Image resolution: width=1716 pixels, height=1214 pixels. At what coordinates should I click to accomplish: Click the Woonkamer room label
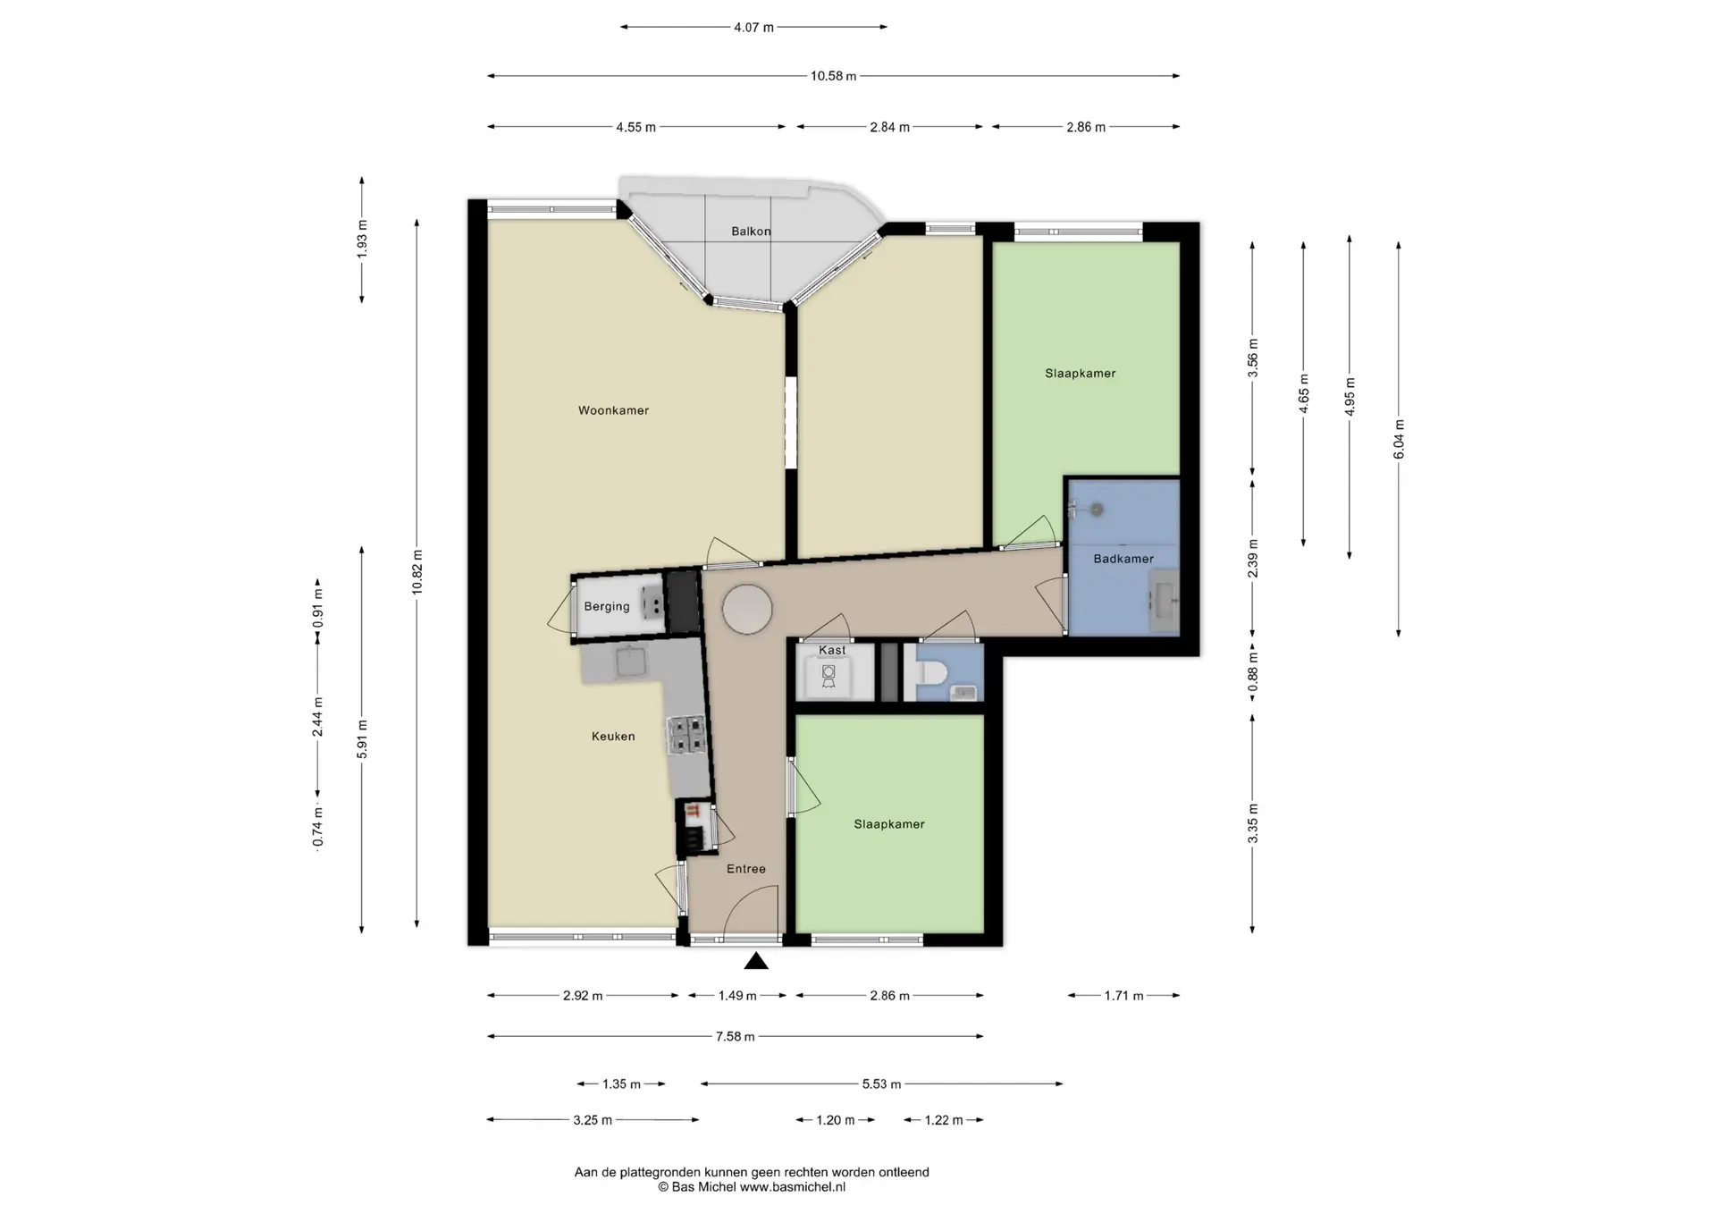(x=613, y=410)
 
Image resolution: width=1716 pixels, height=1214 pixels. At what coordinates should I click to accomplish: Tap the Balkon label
(x=751, y=231)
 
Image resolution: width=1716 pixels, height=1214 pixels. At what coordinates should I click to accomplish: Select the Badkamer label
(x=1123, y=559)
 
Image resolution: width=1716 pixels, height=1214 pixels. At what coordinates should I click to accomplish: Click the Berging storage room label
(x=607, y=606)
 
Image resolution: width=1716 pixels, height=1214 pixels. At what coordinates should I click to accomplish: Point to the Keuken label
(x=613, y=736)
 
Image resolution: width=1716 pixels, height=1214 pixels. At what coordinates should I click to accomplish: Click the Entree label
(x=746, y=868)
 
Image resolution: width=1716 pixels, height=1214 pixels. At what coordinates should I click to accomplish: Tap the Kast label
(x=832, y=650)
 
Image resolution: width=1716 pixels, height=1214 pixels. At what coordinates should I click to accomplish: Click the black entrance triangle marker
(x=756, y=961)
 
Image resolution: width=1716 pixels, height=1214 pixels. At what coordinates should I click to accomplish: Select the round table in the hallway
(x=747, y=609)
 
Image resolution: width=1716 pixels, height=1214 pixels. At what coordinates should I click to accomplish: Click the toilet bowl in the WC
(x=929, y=670)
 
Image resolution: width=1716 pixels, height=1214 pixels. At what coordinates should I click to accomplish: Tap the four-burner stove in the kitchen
(x=687, y=735)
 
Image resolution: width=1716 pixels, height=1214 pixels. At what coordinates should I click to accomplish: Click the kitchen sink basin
(x=631, y=662)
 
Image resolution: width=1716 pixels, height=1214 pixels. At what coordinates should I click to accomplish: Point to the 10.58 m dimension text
(x=833, y=76)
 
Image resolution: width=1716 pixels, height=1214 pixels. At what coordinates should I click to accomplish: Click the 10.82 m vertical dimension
(x=417, y=573)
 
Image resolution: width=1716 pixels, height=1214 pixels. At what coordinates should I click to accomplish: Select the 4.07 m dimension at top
(x=753, y=27)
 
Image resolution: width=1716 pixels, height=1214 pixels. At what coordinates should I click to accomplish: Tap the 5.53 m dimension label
(x=881, y=1083)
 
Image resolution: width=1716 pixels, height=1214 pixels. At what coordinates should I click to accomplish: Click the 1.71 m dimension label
(x=1123, y=995)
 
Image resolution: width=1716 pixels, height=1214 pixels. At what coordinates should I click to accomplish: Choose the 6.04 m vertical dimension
(x=1399, y=439)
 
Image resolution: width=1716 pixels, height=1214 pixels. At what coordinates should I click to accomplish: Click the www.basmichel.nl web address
(x=792, y=1187)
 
